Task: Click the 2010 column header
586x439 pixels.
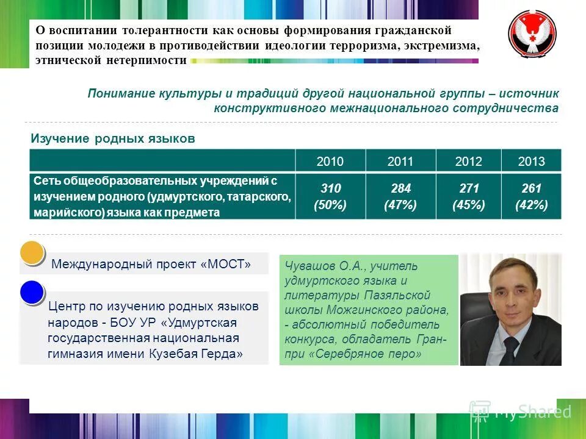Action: point(330,162)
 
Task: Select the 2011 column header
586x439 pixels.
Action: point(400,162)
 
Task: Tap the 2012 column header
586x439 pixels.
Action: point(468,162)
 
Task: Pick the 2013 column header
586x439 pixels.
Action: point(531,162)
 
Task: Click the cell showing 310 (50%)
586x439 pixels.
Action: point(330,196)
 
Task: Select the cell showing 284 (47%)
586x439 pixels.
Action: point(400,196)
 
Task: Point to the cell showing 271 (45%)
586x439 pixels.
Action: point(468,196)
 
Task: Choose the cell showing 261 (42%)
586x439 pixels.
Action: point(531,196)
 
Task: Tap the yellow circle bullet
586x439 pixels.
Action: point(32,254)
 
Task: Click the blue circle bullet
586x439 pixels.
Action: point(32,292)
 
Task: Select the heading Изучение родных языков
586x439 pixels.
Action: point(113,139)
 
